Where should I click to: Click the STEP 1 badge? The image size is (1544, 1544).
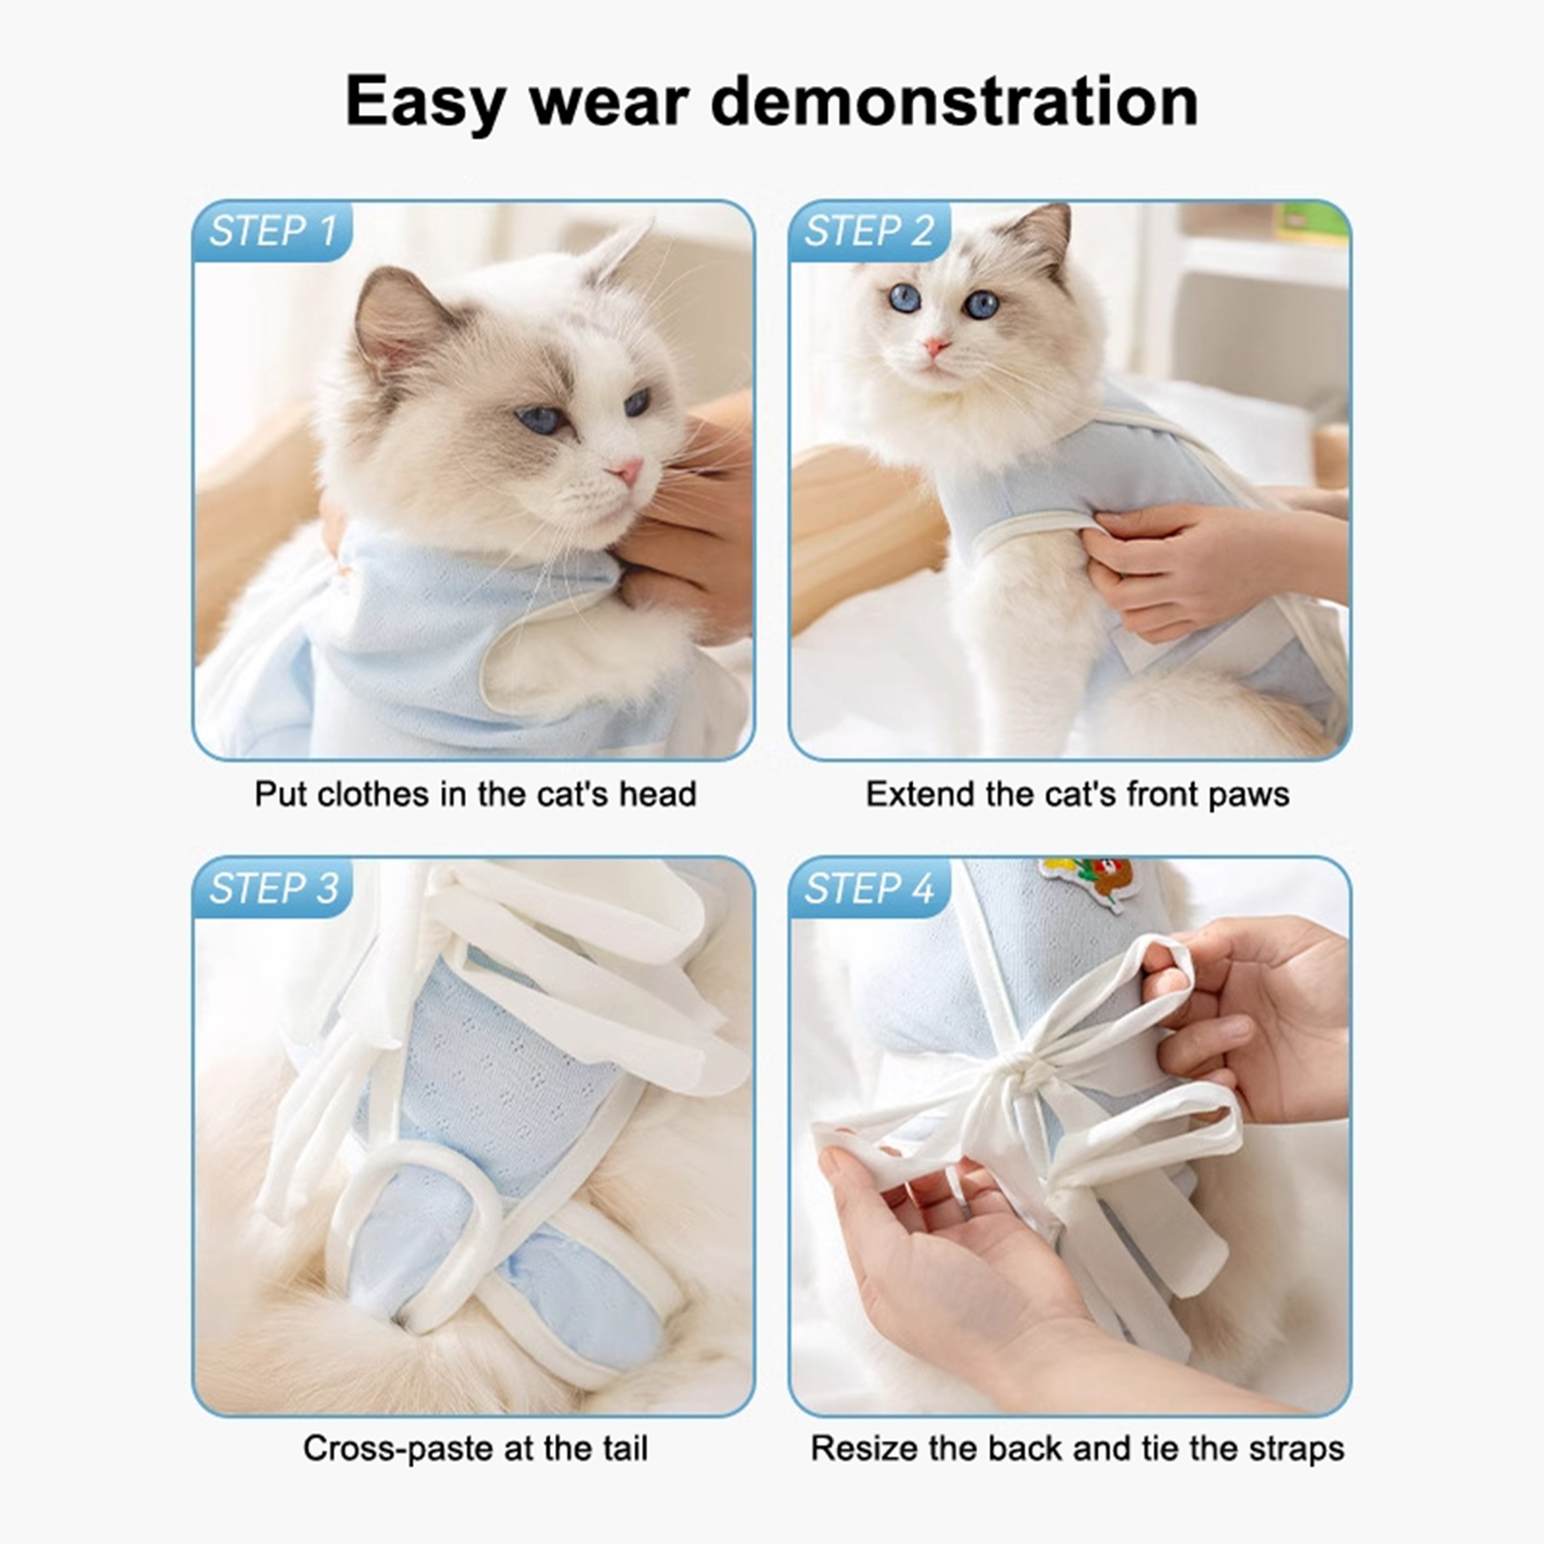coord(272,232)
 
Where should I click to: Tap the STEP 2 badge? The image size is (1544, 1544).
coord(868,232)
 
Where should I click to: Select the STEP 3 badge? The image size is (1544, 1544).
coord(273,889)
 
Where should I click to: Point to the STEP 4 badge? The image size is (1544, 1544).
coord(868,889)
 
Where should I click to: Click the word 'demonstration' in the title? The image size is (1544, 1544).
coord(954,100)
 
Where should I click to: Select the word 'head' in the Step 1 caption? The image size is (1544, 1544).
coord(657,794)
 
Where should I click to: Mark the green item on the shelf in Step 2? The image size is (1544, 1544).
coord(1310,221)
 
